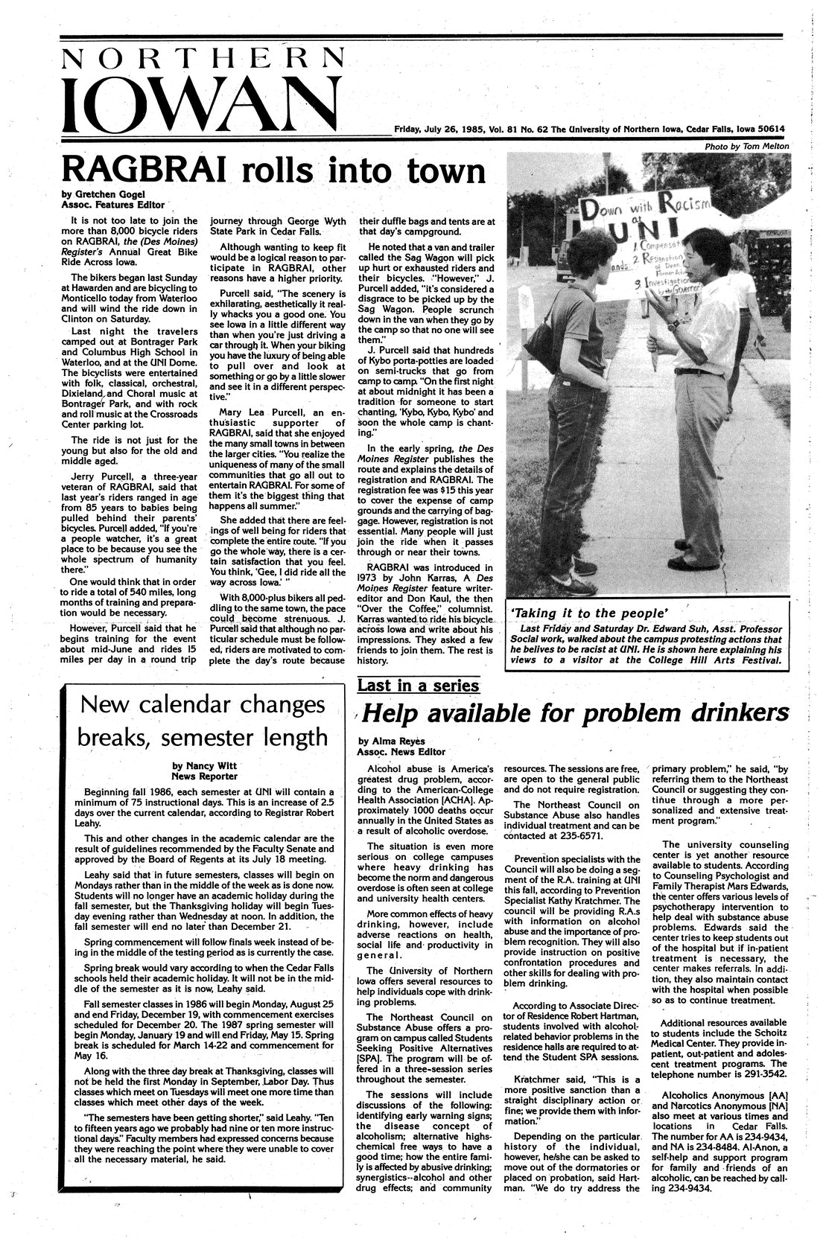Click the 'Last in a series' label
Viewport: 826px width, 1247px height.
419,685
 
